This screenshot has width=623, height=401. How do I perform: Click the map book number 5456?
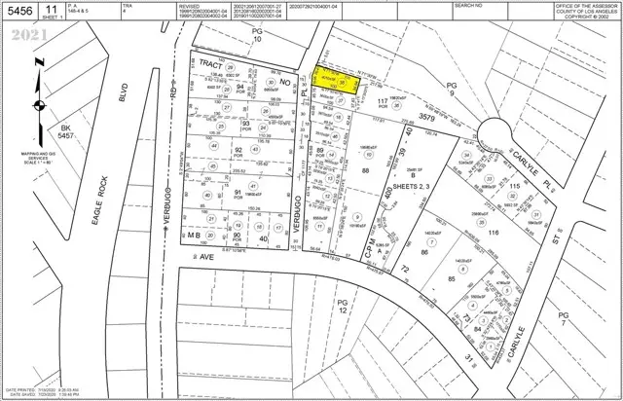pos(20,11)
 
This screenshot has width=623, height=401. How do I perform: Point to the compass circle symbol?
pos(37,106)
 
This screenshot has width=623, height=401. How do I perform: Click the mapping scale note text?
pos(34,180)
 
